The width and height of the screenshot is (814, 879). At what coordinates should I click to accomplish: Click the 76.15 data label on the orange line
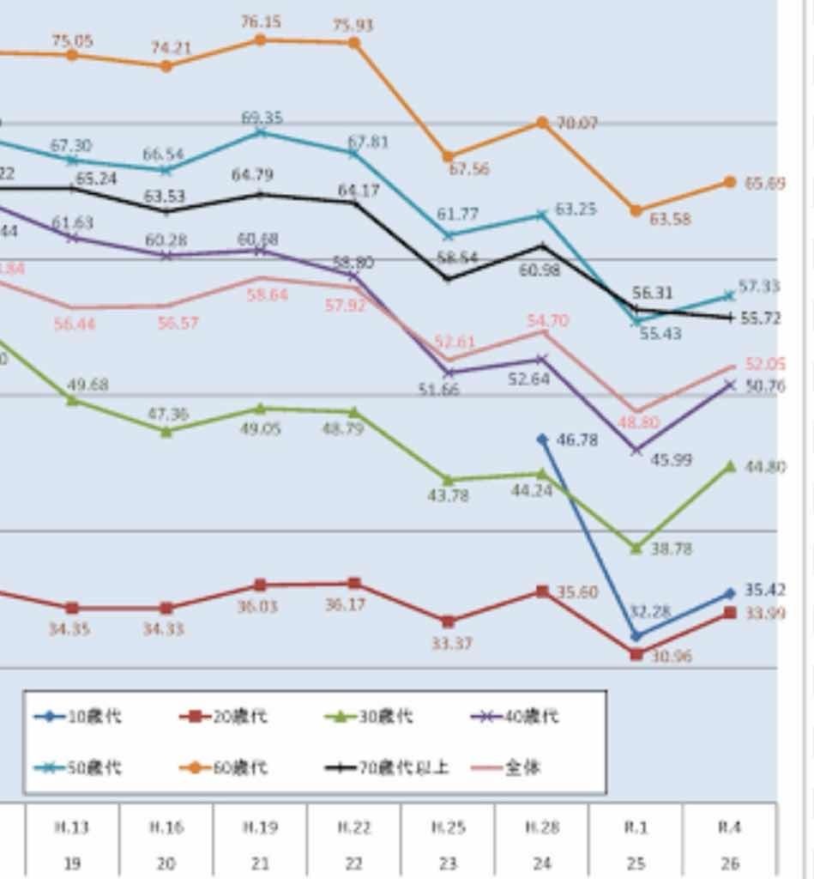pyautogui.click(x=261, y=21)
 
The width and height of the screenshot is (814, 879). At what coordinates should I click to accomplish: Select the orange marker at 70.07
pyautogui.click(x=542, y=123)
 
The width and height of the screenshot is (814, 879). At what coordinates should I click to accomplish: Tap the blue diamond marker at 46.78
pyautogui.click(x=542, y=439)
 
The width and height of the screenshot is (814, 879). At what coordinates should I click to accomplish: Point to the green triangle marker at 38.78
pyautogui.click(x=636, y=547)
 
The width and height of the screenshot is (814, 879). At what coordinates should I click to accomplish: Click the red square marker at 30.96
pyautogui.click(x=636, y=654)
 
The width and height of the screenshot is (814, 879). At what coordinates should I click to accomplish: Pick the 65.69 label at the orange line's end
pyautogui.click(x=765, y=183)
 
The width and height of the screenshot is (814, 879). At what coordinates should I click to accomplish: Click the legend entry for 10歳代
pyautogui.click(x=77, y=716)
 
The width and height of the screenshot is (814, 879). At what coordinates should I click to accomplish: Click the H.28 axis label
pyautogui.click(x=542, y=827)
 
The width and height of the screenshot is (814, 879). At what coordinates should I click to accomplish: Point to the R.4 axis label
pyautogui.click(x=729, y=827)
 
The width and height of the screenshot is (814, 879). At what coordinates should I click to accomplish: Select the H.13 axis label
pyautogui.click(x=72, y=827)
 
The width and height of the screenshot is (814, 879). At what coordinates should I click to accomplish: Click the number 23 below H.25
pyautogui.click(x=448, y=863)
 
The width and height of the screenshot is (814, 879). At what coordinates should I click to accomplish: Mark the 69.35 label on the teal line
pyautogui.click(x=262, y=118)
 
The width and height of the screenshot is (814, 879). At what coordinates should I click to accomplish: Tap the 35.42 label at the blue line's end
pyautogui.click(x=765, y=591)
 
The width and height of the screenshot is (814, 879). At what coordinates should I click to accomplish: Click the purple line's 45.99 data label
pyautogui.click(x=671, y=459)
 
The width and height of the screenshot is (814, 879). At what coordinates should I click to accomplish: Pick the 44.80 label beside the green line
pyautogui.click(x=765, y=467)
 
